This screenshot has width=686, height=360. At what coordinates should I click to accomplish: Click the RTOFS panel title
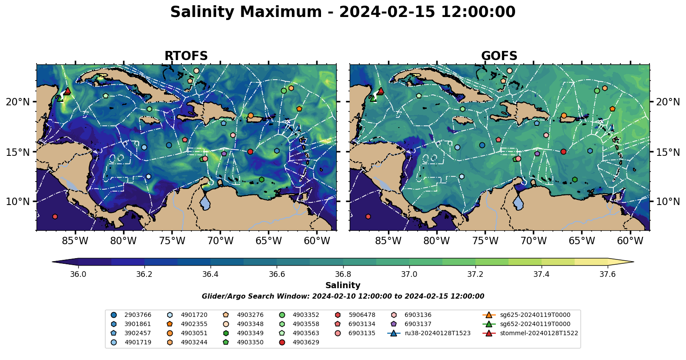pyautogui.click(x=186, y=56)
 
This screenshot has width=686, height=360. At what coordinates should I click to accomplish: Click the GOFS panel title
pyautogui.click(x=499, y=56)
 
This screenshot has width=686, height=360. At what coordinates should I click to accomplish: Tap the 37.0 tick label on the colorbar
pyautogui.click(x=409, y=274)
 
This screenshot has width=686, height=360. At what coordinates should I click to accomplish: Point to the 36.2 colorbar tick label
pyautogui.click(x=144, y=274)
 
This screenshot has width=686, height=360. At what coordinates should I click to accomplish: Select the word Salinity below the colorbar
pyautogui.click(x=343, y=286)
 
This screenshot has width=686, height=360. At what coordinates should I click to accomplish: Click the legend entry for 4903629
pyautogui.click(x=306, y=342)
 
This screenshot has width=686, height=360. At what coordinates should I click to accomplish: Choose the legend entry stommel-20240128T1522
pyautogui.click(x=539, y=333)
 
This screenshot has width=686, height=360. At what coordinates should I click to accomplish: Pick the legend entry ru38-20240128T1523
pyautogui.click(x=437, y=333)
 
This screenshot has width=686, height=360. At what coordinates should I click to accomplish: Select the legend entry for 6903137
pyautogui.click(x=418, y=324)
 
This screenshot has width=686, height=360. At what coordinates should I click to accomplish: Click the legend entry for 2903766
pyautogui.click(x=138, y=315)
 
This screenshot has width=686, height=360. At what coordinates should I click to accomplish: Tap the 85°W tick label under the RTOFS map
pyautogui.click(x=75, y=241)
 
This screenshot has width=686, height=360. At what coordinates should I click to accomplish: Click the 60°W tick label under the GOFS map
pyautogui.click(x=630, y=241)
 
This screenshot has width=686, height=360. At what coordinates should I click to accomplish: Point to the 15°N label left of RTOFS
pyautogui.click(x=18, y=152)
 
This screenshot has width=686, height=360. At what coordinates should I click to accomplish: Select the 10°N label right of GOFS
pyautogui.click(x=668, y=202)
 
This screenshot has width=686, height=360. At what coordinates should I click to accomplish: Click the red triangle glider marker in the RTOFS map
pyautogui.click(x=67, y=91)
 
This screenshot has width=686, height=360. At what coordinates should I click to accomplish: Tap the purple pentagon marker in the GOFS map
pyautogui.click(x=537, y=154)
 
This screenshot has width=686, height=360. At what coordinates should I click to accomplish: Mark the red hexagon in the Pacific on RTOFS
pyautogui.click(x=55, y=217)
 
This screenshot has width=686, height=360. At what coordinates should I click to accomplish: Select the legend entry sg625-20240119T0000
pyautogui.click(x=535, y=315)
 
